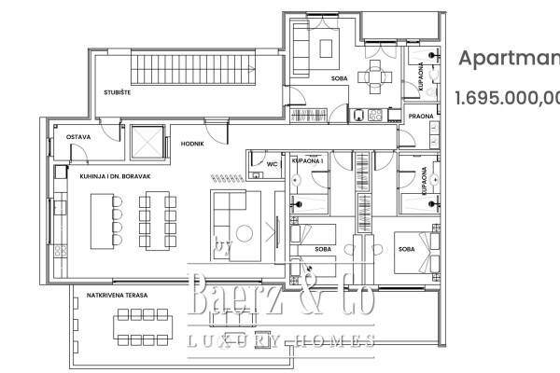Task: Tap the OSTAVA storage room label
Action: [77, 137]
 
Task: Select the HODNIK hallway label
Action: [180, 145]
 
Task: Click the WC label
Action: [273, 163]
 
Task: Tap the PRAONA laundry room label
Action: [421, 116]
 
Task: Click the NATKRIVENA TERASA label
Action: [116, 295]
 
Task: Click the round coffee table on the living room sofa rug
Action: [244, 234]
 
